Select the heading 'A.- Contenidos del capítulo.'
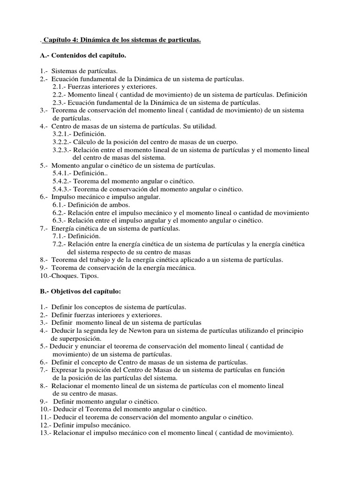tap(83, 56)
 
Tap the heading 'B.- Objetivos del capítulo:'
tap(80, 291)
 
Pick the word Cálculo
tap(85, 142)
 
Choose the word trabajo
tap(97, 260)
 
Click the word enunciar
tap(95, 346)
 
